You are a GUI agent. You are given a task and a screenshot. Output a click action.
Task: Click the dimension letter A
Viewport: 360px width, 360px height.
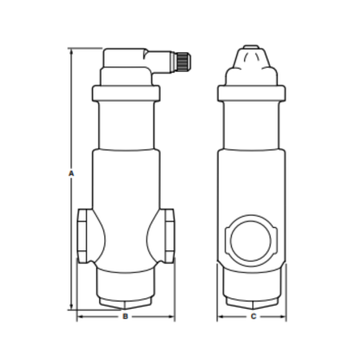pyautogui.click(x=71, y=173)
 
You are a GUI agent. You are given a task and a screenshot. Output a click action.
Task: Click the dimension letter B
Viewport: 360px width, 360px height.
pyautogui.click(x=125, y=317)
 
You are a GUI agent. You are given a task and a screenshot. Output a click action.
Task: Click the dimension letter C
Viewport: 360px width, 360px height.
pyautogui.click(x=253, y=317)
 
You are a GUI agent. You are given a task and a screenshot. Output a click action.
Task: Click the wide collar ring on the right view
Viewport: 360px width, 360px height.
pyautogui.click(x=252, y=93)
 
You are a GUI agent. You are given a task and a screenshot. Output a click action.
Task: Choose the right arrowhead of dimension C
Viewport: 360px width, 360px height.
pyautogui.click(x=284, y=317)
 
